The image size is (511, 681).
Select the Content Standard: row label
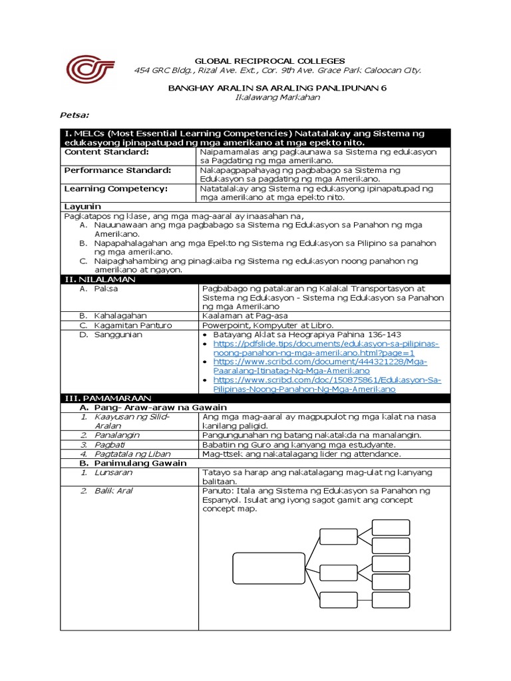(106, 152)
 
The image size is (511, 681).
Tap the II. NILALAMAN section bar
(99, 280)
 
